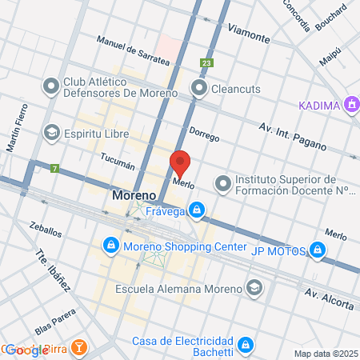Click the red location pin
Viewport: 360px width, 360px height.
pos(181,162)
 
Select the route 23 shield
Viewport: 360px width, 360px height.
pos(208,63)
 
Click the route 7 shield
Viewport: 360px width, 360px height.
pos(54,168)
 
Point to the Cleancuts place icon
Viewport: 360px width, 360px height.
pos(198,87)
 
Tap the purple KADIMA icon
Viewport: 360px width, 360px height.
pos(350,104)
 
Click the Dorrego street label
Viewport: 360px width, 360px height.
pos(203,134)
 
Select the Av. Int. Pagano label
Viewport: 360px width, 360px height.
pos(293,137)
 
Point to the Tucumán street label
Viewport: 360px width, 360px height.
pos(118,162)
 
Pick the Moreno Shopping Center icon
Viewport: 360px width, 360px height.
pos(110,244)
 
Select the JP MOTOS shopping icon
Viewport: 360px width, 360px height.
pos(318,252)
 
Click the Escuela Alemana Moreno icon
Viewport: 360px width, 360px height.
pos(254,288)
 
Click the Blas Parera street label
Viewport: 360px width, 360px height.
pos(54,326)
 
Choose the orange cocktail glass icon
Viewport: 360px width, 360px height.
pos(79,347)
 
